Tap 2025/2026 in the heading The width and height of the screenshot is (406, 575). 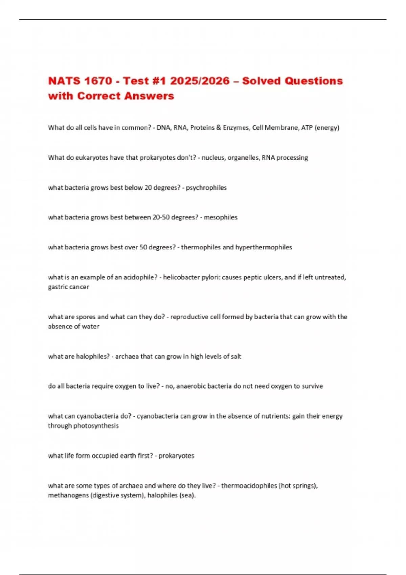[200, 81]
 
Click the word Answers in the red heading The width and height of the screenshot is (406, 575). [149, 96]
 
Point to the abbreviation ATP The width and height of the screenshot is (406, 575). [307, 128]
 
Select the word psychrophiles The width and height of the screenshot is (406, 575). [206, 188]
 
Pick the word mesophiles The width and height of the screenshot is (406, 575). [221, 217]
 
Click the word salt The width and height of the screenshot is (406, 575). [236, 356]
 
